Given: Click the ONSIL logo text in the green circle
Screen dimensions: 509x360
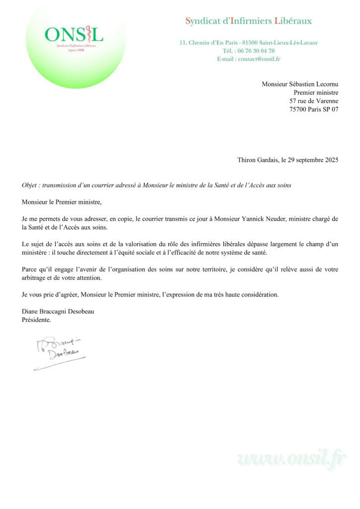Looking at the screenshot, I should coord(74,34).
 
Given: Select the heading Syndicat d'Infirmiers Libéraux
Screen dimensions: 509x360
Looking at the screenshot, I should coord(249,21).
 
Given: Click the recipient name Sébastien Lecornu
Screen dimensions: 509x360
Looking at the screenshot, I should coord(315,84).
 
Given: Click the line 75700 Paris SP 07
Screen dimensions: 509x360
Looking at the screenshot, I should coord(314,109).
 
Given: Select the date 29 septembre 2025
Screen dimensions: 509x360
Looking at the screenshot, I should coord(309,160).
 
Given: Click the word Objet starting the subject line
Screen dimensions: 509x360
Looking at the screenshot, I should coord(30,185).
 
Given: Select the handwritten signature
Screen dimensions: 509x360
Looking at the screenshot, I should coord(59,352).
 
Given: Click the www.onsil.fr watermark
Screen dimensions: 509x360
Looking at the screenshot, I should coord(293,458).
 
